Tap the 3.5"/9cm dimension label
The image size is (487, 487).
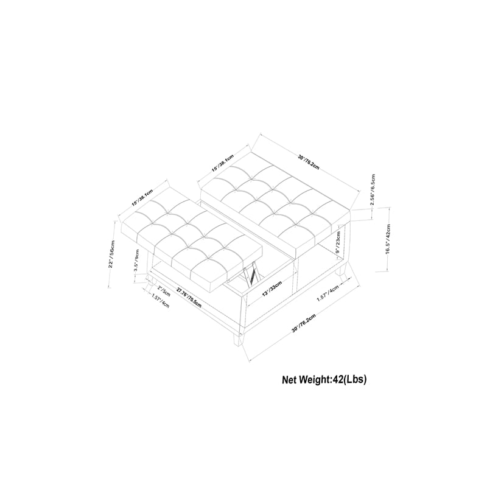click(137, 268)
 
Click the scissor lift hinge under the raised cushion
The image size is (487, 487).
click(248, 275)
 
